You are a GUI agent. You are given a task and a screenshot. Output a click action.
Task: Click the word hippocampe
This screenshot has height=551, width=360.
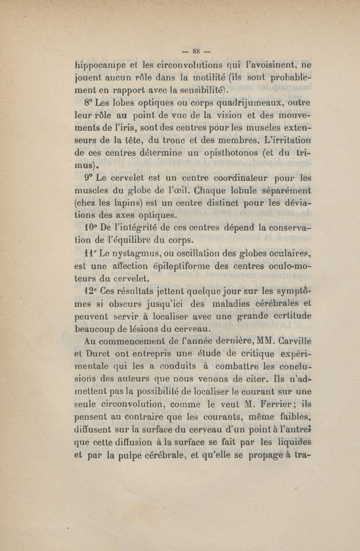(99, 66)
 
